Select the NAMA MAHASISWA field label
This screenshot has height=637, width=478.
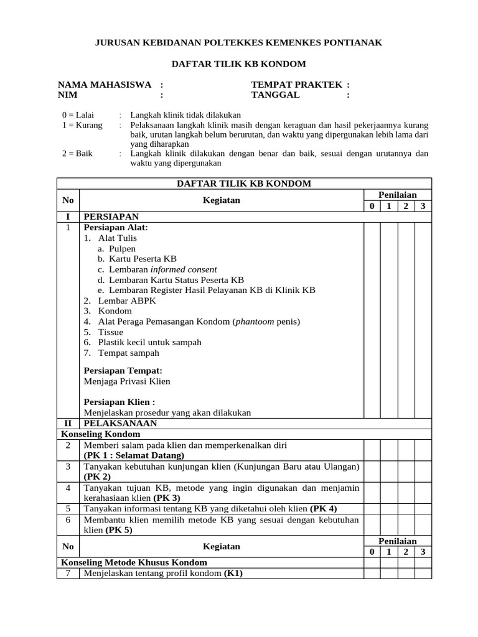coord(105,85)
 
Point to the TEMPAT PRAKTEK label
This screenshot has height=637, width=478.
coord(297,85)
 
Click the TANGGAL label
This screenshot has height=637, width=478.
coord(275,95)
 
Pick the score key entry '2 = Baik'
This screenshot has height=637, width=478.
coord(77,154)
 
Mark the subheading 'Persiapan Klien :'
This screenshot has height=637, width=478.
coord(119,402)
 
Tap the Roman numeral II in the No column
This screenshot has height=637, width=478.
coord(68,423)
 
